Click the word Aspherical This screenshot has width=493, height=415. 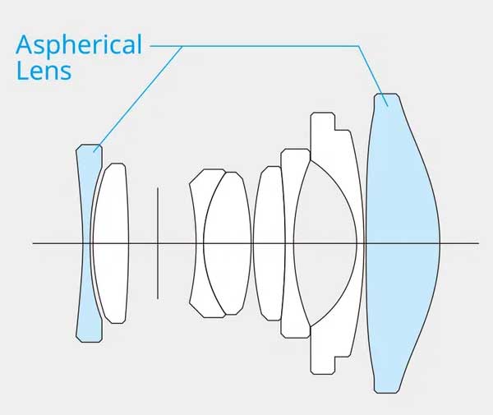tap(79, 45)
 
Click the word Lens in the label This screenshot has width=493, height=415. tap(44, 71)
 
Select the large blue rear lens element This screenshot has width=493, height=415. tap(403, 243)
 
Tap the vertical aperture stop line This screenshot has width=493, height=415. tap(158, 243)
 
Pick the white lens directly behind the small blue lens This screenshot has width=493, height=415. tap(111, 243)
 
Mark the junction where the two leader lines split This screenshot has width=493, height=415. tap(182, 46)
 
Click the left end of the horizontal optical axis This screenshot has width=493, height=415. tap(33, 243)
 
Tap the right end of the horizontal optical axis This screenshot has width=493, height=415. tap(478, 243)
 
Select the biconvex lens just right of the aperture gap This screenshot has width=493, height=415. tap(228, 243)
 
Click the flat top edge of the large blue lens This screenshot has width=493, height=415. tap(387, 94)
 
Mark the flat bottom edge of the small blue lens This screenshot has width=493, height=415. tap(90, 342)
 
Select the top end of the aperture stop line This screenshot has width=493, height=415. tap(158, 187)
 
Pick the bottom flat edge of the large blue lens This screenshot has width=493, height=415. tap(387, 393)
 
